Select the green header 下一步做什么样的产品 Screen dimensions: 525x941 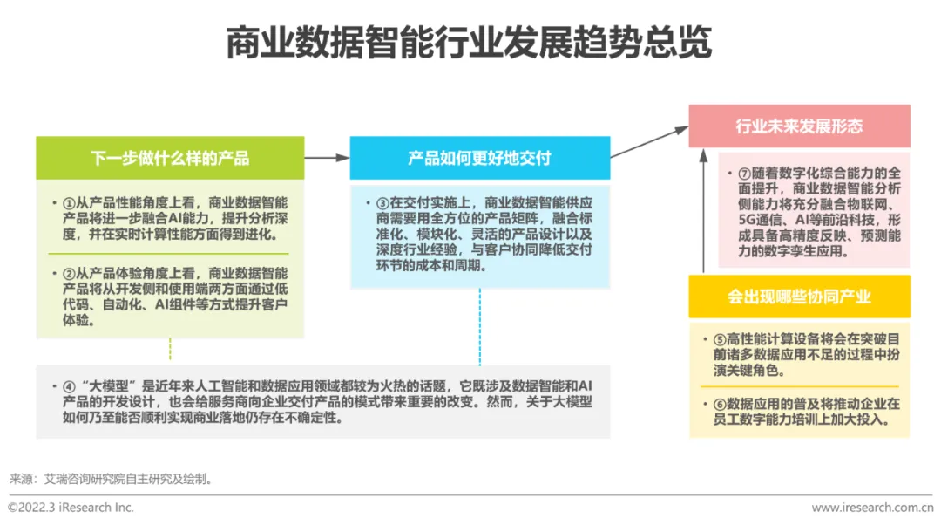coord(170,158)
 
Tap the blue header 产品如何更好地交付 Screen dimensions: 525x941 coord(480,158)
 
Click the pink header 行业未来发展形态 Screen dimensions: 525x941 coord(799,126)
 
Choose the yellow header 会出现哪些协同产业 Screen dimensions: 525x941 coord(799,297)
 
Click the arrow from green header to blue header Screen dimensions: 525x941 coord(327,158)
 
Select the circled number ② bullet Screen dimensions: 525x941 coord(70,273)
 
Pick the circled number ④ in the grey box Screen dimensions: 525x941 coord(70,385)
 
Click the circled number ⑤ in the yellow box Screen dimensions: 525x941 coord(720,339)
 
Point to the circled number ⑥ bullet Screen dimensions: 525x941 coord(720,404)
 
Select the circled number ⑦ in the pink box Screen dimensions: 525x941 coord(744,173)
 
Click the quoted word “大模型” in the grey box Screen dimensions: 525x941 coord(109,385)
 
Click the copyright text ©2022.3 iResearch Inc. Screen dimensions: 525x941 coord(71,507)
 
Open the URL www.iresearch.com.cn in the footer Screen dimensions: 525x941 coord(871,507)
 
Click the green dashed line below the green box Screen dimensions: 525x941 coord(170,350)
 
